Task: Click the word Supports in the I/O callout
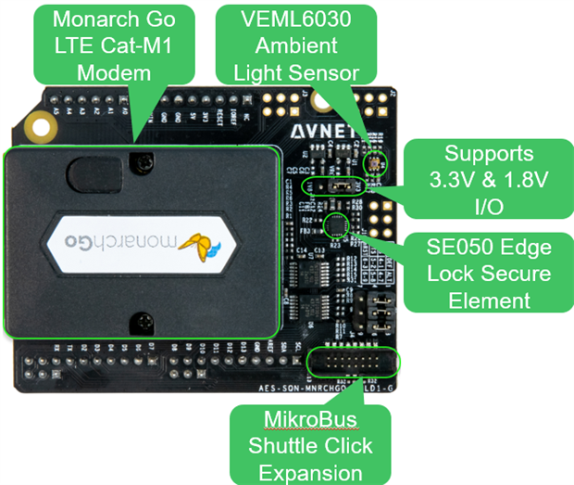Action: tap(489, 153)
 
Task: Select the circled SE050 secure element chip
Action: tap(336, 223)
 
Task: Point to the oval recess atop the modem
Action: tap(91, 173)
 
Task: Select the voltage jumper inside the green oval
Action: tap(339, 185)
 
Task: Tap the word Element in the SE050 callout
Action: tap(489, 300)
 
